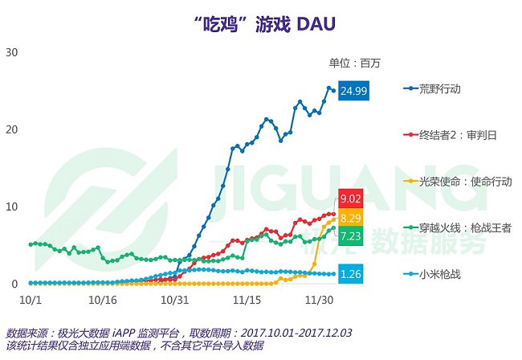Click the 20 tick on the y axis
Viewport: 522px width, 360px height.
[12, 129]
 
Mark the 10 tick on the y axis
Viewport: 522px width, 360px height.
[12, 207]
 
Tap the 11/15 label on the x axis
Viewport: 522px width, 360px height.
[244, 299]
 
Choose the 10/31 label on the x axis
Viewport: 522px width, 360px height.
[175, 299]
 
